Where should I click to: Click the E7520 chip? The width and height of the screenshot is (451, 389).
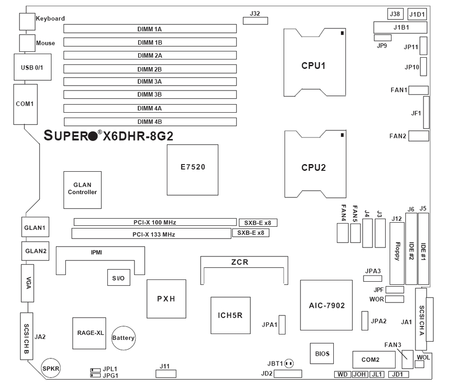click(x=193, y=170)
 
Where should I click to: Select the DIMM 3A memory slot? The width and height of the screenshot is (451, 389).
click(x=150, y=82)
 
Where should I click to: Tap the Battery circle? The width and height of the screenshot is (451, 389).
click(x=124, y=338)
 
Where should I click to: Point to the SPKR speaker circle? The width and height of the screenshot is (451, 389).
click(x=51, y=368)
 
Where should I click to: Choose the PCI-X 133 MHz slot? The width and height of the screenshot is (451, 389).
click(x=150, y=234)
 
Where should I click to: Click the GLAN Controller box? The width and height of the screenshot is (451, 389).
click(x=83, y=189)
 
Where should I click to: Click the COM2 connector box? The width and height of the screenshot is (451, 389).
click(x=370, y=360)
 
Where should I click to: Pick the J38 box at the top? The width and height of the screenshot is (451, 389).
click(x=395, y=14)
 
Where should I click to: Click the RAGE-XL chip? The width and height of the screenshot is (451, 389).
click(x=89, y=333)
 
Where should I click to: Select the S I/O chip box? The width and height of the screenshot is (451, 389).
click(x=119, y=278)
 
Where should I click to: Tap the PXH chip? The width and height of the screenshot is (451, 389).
click(x=166, y=299)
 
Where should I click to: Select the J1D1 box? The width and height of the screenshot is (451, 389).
click(x=417, y=14)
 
